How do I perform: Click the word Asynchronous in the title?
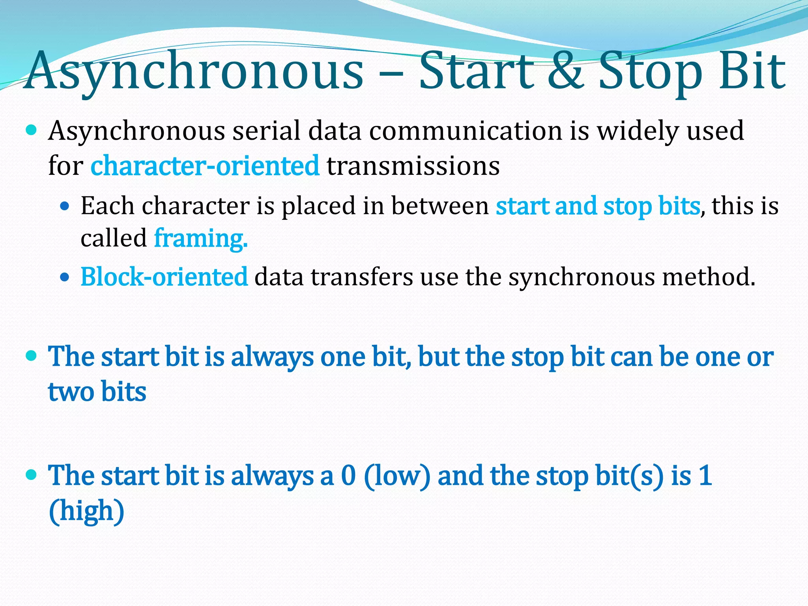(193, 71)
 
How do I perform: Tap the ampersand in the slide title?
(565, 71)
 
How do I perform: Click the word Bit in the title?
(752, 71)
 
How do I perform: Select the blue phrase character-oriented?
(205, 165)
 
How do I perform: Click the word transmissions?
(413, 165)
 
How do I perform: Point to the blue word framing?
(200, 238)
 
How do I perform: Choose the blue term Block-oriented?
(164, 277)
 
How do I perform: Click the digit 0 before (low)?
(348, 475)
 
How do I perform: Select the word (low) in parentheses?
(397, 476)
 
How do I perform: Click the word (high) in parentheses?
(86, 511)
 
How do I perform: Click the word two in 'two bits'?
(71, 392)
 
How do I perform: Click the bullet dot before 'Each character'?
(65, 206)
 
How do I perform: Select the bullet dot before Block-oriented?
(65, 277)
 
